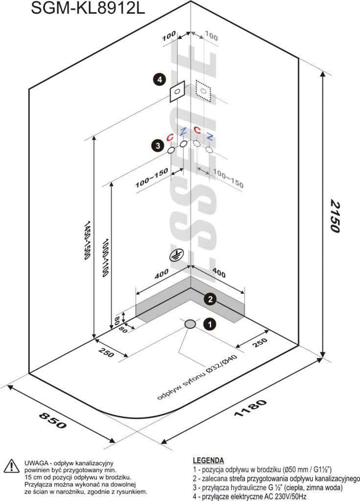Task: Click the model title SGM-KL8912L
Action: click(88, 8)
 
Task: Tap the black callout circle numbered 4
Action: click(159, 79)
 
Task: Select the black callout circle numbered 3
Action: click(158, 146)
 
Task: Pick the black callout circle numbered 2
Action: click(210, 299)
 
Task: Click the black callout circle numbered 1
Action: click(209, 324)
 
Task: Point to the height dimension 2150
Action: click(335, 216)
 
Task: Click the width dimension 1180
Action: click(250, 408)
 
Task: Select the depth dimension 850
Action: click(53, 420)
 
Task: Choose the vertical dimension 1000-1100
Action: click(106, 257)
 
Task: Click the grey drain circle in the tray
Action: click(190, 324)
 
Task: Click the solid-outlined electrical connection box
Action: click(177, 91)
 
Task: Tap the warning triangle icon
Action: click(11, 466)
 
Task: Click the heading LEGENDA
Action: click(208, 460)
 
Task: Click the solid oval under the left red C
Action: click(172, 150)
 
